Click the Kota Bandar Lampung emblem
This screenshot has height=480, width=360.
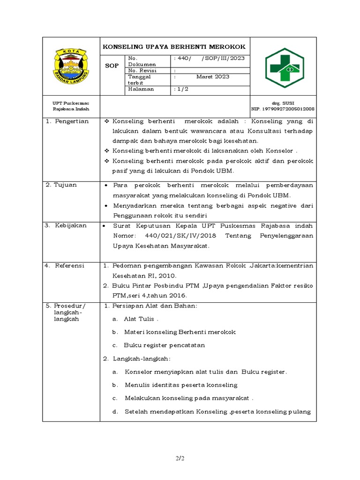coord(71,67)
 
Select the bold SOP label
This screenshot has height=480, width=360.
coord(112,66)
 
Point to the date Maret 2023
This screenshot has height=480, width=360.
coord(212,76)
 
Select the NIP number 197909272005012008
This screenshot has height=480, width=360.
coord(283,109)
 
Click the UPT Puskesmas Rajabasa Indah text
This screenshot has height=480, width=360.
coord(71,105)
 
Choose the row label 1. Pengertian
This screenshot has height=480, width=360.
coord(67,121)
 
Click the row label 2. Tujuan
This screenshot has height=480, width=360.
coord(61,185)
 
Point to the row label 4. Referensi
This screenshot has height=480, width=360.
coord(66,265)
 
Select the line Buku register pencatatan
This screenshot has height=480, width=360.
coord(164,345)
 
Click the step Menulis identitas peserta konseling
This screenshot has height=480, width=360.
coord(181,385)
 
